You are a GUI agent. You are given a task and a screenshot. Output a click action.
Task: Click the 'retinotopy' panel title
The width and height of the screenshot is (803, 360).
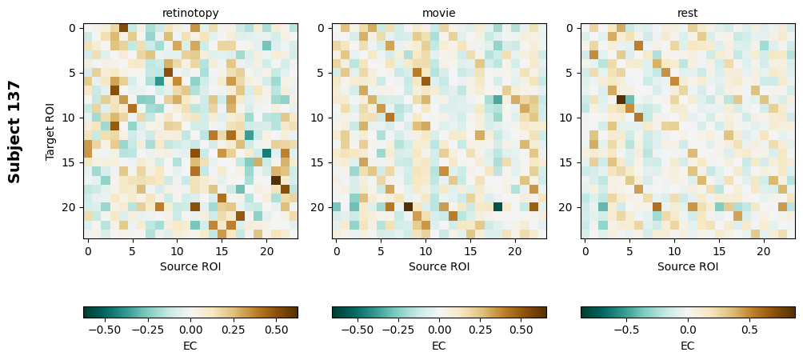[x=190, y=14]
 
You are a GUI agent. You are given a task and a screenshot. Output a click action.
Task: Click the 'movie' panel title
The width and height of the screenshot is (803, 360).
[x=439, y=14]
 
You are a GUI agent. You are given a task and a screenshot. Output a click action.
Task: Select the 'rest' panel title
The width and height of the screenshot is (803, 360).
[x=688, y=14]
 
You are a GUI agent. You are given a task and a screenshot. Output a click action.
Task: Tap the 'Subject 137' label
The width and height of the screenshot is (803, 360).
[x=14, y=132]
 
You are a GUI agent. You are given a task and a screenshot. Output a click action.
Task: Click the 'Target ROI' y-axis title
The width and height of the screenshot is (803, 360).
[x=50, y=132]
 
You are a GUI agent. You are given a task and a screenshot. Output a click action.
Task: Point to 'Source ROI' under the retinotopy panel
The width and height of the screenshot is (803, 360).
[x=190, y=266]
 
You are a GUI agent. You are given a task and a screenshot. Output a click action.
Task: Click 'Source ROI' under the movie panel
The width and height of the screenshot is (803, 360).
[x=439, y=266]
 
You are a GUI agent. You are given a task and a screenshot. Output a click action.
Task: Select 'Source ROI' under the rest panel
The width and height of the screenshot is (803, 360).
[x=688, y=266]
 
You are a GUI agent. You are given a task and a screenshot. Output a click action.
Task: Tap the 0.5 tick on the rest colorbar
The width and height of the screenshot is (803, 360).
[x=749, y=329]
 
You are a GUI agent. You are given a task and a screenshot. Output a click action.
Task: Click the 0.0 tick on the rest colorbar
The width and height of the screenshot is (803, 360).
[x=688, y=329]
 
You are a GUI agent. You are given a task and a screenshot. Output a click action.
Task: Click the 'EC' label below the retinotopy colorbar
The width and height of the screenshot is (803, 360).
[x=190, y=346]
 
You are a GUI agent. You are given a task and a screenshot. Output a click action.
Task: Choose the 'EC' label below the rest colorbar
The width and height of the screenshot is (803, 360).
[x=688, y=346]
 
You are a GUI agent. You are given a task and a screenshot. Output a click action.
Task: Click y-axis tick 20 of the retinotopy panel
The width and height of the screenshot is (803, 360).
[x=70, y=207]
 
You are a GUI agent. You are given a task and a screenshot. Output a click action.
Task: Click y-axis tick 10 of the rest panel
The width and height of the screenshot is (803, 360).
[x=568, y=118]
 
